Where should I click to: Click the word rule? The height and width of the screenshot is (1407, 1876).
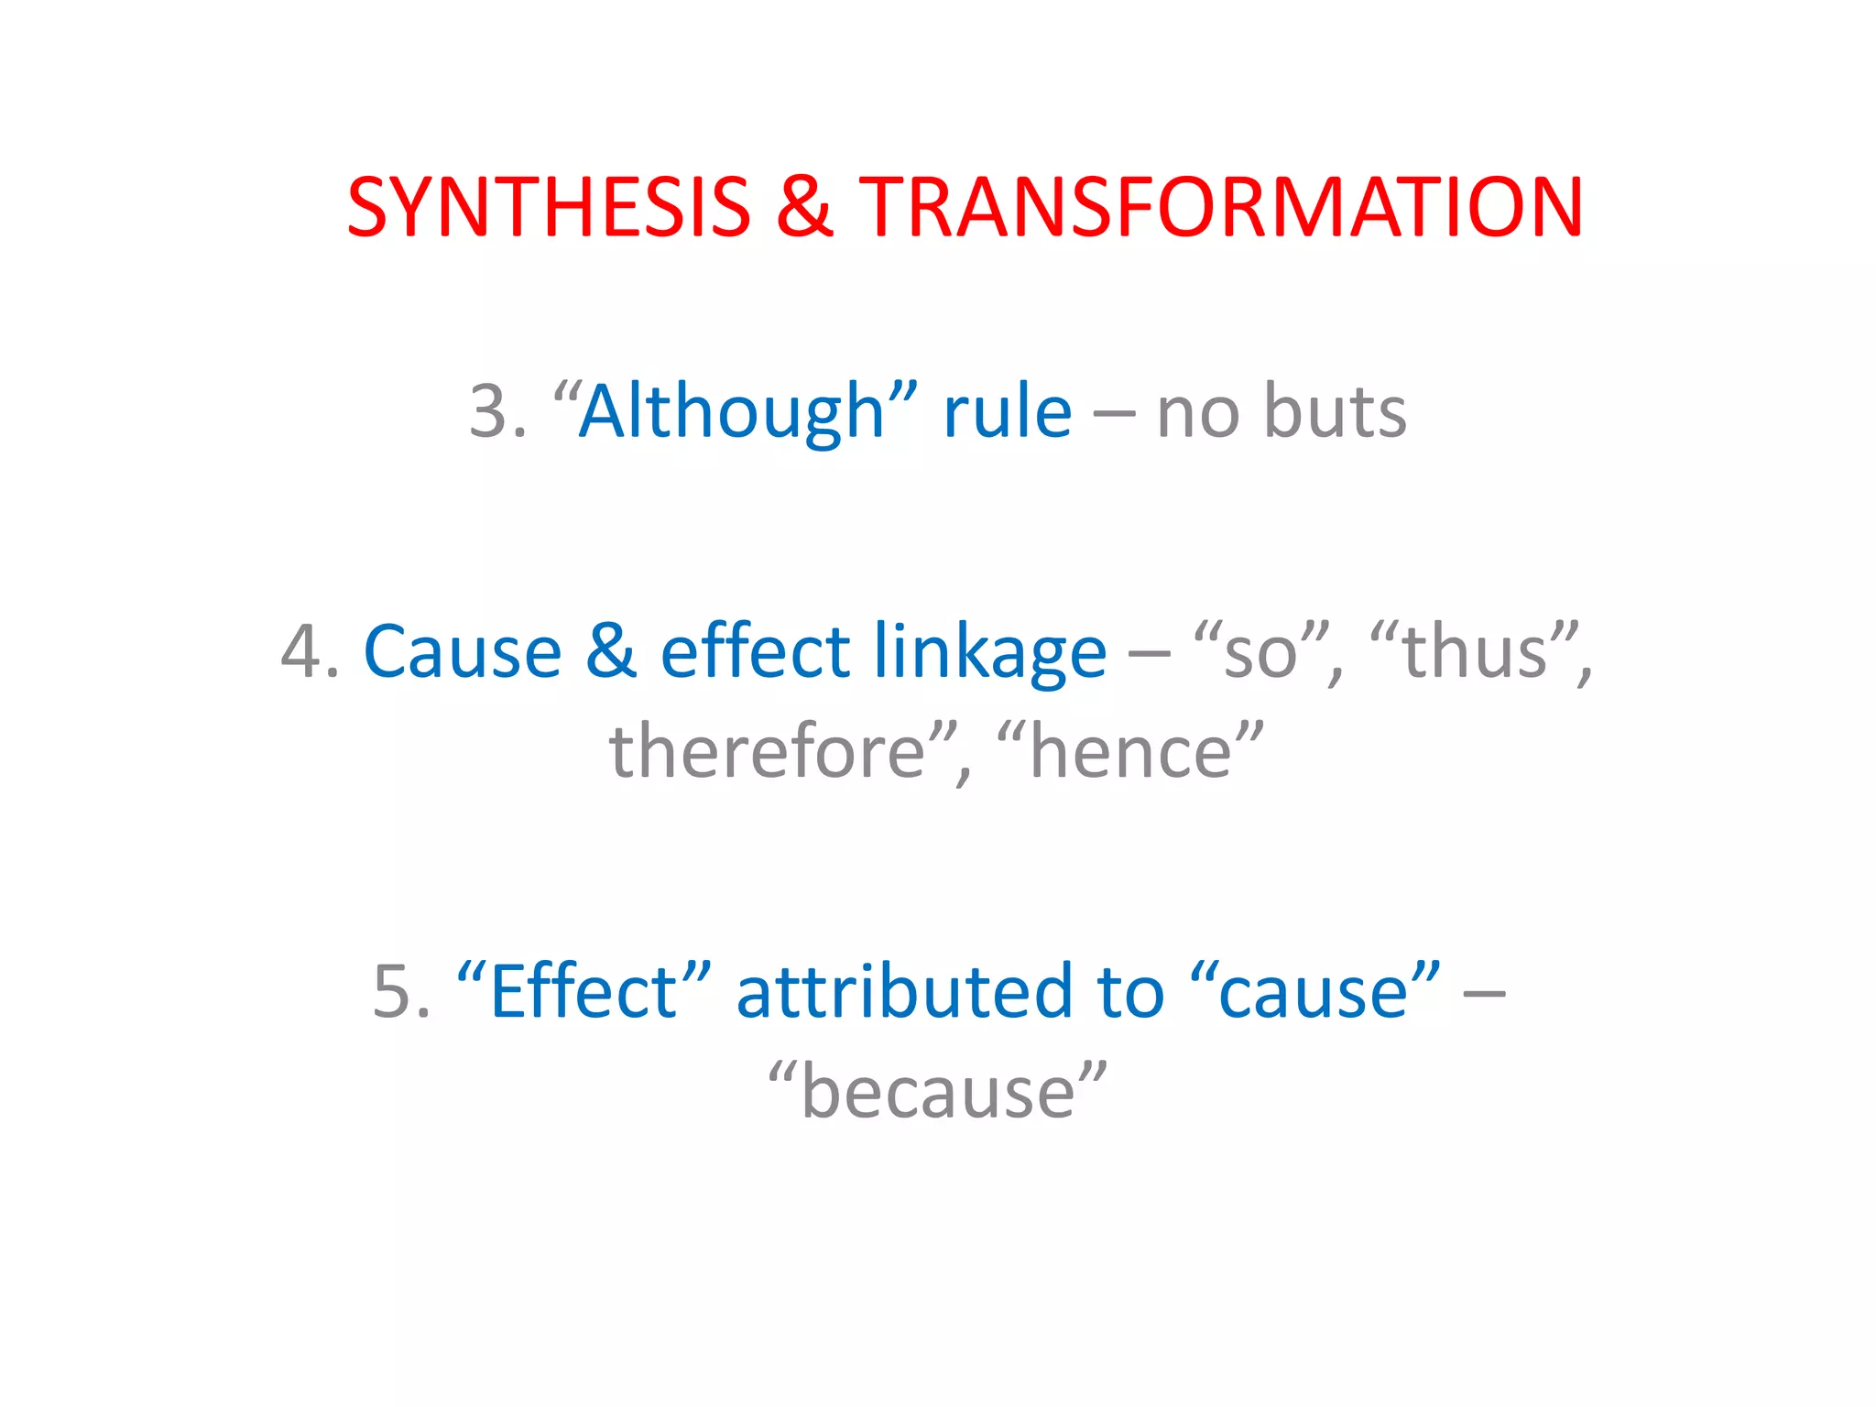pyautogui.click(x=1007, y=411)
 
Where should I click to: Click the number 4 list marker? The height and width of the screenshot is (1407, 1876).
pyautogui.click(x=300, y=651)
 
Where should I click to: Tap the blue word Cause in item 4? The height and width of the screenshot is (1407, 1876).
pyautogui.click(x=463, y=651)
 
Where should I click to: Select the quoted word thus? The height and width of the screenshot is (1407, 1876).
pyautogui.click(x=1474, y=651)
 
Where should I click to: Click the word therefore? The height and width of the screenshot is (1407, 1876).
pyautogui.click(x=768, y=752)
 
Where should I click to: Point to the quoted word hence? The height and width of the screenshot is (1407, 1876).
pyautogui.click(x=1130, y=752)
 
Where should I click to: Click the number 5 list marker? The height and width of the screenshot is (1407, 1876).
pyautogui.click(x=392, y=992)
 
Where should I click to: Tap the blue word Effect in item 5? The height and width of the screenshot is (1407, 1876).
pyautogui.click(x=584, y=992)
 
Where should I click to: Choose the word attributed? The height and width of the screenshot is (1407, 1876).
pyautogui.click(x=904, y=992)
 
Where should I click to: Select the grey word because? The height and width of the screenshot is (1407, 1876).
pyautogui.click(x=937, y=1093)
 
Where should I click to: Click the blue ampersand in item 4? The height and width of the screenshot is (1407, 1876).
pyautogui.click(x=611, y=651)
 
